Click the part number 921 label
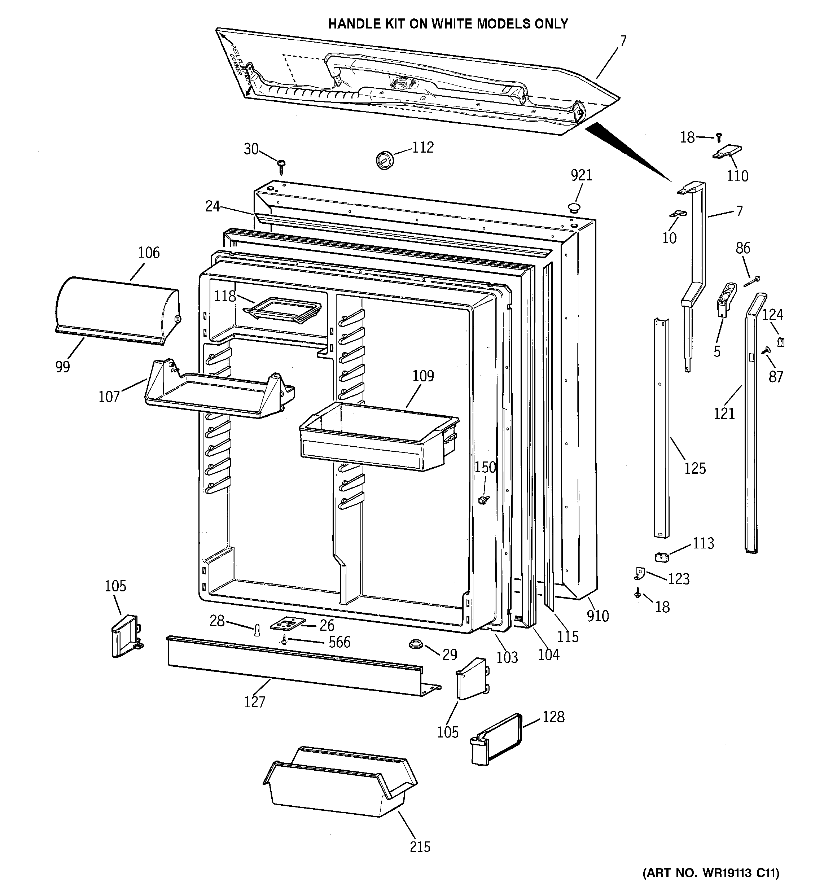(581, 176)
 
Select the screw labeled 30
(282, 165)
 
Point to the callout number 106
(149, 253)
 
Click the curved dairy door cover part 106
(117, 310)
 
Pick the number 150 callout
(485, 467)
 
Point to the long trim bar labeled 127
(297, 665)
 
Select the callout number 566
(339, 642)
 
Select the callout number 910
(597, 616)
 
